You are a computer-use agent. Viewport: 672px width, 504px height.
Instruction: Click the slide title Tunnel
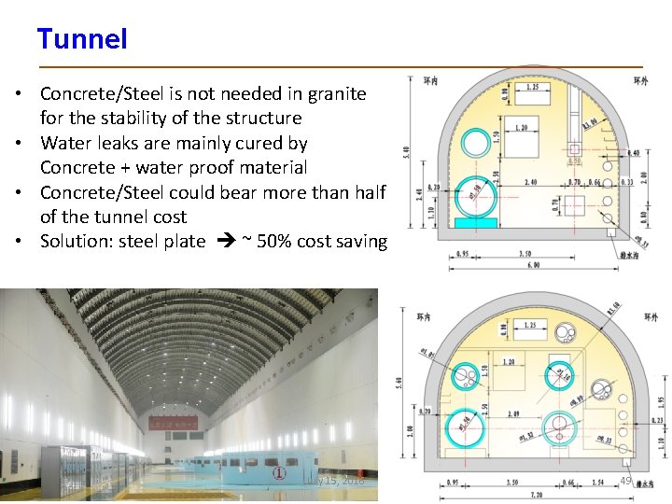point(82,39)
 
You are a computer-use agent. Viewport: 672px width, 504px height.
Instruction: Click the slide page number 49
point(625,480)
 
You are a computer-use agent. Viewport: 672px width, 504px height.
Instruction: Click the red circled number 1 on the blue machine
point(278,473)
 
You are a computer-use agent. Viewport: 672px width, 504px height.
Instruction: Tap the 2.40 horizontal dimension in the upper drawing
point(529,183)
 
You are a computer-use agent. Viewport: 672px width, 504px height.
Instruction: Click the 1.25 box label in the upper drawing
point(531,87)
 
